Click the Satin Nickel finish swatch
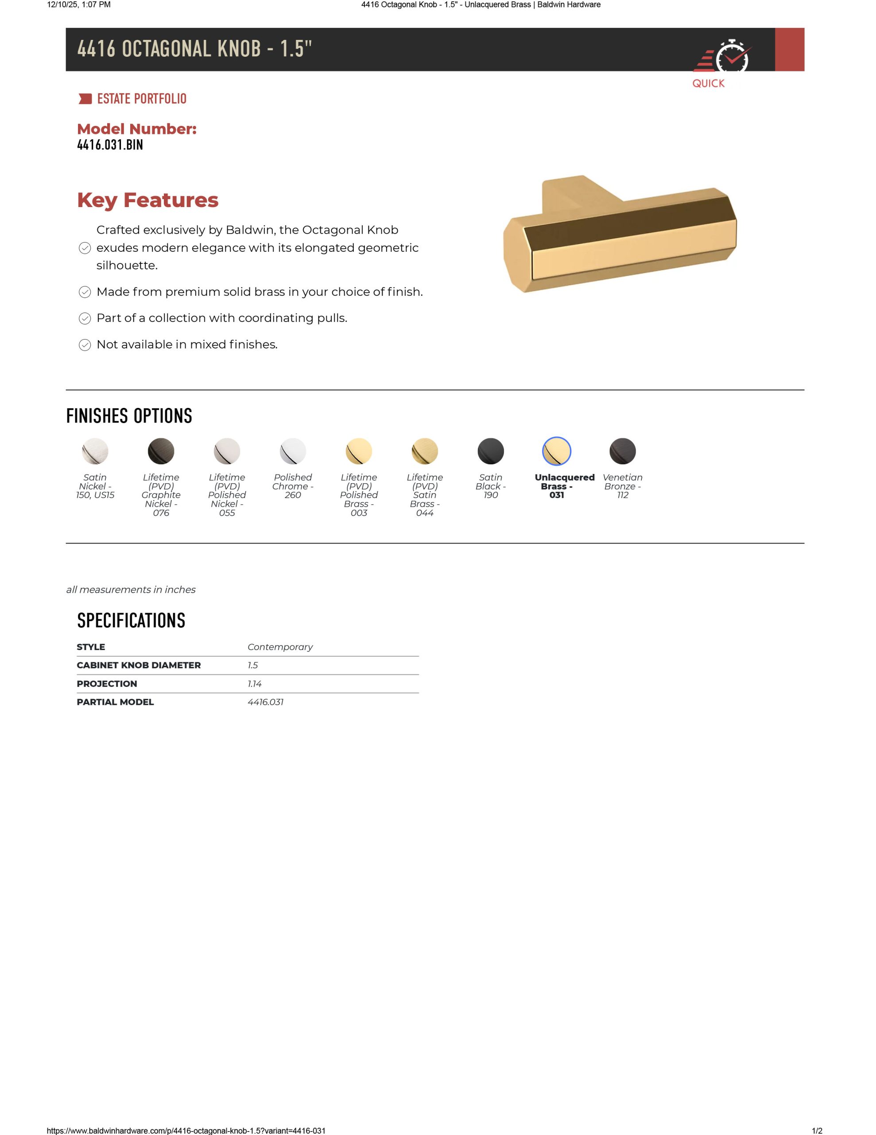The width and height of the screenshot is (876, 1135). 95,450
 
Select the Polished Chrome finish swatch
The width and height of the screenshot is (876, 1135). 293,450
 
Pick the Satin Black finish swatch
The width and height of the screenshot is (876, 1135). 491,450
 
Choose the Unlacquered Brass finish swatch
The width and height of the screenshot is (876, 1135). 557,450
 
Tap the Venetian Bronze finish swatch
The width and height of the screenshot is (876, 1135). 623,450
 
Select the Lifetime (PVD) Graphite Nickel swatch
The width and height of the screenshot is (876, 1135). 161,450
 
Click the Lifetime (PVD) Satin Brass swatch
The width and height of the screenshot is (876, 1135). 425,450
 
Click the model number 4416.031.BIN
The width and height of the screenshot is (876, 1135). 110,145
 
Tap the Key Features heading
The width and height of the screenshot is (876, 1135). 147,200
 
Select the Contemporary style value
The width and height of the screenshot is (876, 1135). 280,647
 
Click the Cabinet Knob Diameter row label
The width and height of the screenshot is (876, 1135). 139,665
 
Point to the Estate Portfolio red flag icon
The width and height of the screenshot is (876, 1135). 85,99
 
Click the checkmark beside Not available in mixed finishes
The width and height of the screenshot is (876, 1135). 85,344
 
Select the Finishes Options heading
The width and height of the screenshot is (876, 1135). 129,416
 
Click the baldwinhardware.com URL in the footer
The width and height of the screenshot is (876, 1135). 186,1130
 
